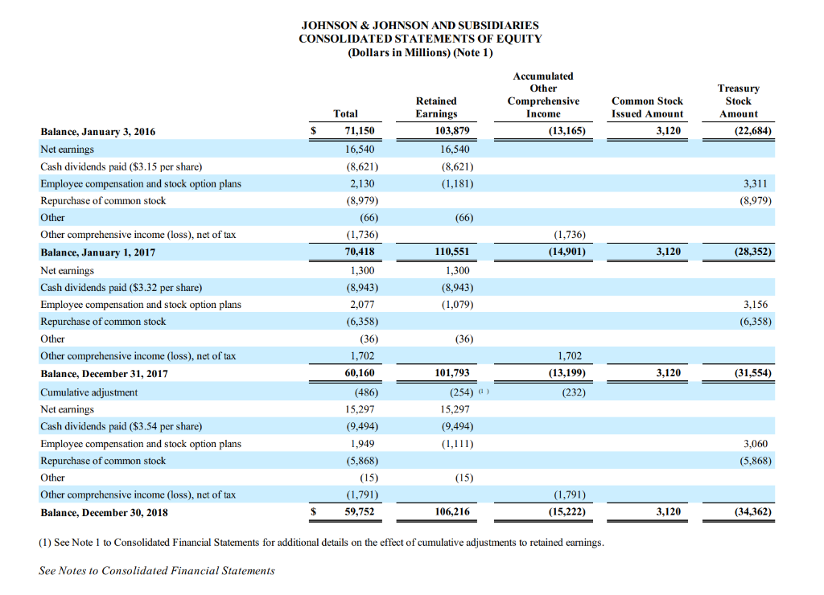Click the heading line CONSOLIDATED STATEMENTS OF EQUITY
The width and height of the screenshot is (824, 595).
coord(420,39)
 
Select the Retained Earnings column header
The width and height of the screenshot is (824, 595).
coord(436,108)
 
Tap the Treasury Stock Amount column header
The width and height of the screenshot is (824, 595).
coord(738,101)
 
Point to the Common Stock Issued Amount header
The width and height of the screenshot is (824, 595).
coord(647,108)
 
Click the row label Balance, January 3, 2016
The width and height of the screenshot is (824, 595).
coord(98,131)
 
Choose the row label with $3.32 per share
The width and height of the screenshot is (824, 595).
coord(122,287)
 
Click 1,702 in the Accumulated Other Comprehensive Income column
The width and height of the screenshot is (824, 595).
coord(569,356)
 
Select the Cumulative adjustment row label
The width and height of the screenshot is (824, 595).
coord(89,392)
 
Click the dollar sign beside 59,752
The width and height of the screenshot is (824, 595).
coord(316,511)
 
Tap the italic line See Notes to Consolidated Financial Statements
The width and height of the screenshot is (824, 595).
coord(157,570)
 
